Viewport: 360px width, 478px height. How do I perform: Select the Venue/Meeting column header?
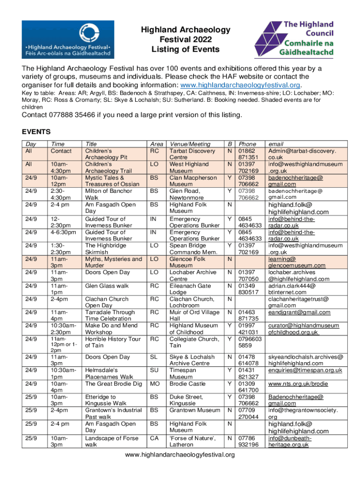tap(190, 145)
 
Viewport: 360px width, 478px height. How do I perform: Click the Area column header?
tap(156, 145)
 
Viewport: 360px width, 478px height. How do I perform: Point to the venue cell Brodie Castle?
tap(187, 384)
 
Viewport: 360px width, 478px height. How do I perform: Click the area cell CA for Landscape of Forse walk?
tap(154, 438)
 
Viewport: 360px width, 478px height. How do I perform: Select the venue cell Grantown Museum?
tap(194, 410)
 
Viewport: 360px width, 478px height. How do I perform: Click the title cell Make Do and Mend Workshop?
tap(110, 329)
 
